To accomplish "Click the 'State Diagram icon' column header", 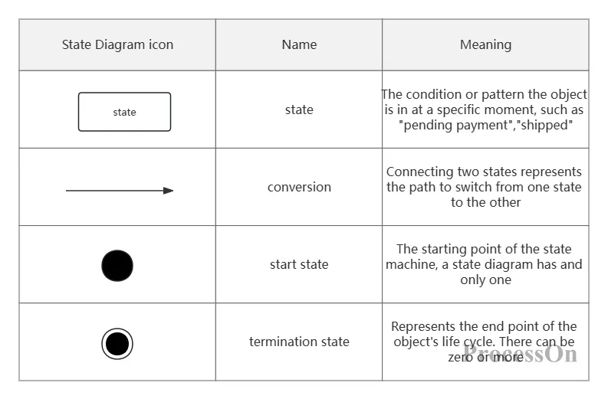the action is tap(117, 45).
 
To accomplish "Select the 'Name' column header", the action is tap(299, 44).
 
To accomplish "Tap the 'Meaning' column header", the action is tap(485, 45).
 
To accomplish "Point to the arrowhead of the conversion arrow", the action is tap(168, 191).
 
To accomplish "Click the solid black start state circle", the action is tap(117, 266).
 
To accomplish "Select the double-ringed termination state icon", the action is tap(117, 344).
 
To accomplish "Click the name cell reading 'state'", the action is tap(299, 110).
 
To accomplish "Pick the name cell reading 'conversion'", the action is tap(299, 187).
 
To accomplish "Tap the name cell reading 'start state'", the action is tap(299, 264).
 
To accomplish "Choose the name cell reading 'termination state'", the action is tap(299, 342).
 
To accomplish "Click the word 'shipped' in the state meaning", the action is tap(544, 126).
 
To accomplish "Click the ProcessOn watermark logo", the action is tap(520, 354).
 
